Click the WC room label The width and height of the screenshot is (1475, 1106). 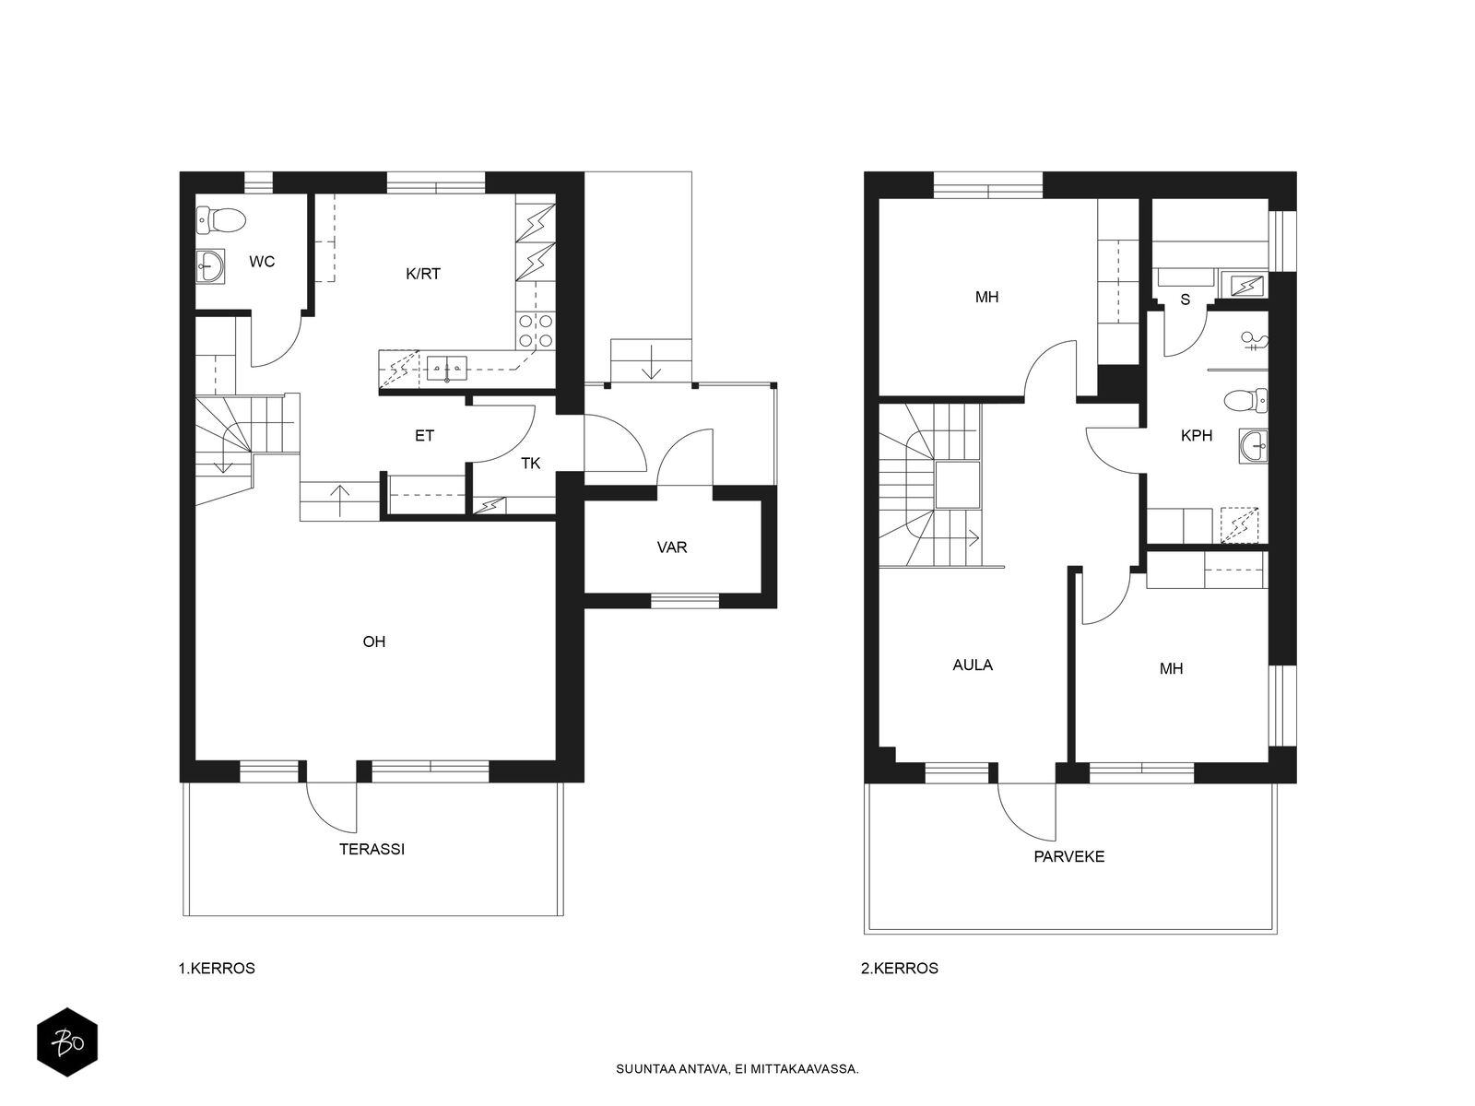[x=262, y=262]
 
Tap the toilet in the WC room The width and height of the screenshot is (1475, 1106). [x=221, y=219]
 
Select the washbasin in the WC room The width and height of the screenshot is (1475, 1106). [x=210, y=268]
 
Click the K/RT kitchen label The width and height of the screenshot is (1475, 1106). [x=422, y=274]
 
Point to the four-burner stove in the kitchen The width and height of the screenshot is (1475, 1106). [x=536, y=330]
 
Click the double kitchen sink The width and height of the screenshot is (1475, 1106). [x=447, y=368]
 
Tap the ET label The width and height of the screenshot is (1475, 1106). [x=424, y=436]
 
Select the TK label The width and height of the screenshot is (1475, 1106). [x=530, y=464]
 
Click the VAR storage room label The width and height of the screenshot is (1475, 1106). [x=672, y=547]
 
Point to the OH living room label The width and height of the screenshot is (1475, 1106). [x=373, y=641]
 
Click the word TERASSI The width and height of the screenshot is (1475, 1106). [x=372, y=849]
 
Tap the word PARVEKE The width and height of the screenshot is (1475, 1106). [x=1068, y=856]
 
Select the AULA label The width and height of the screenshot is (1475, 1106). [x=973, y=665]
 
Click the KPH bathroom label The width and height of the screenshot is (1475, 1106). [x=1196, y=436]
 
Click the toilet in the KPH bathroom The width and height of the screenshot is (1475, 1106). [x=1245, y=401]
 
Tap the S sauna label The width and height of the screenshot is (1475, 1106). [x=1185, y=300]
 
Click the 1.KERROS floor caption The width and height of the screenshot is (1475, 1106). [x=217, y=969]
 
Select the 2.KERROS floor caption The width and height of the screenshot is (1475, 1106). [x=899, y=969]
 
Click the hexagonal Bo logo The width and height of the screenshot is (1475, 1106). [x=67, y=1042]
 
